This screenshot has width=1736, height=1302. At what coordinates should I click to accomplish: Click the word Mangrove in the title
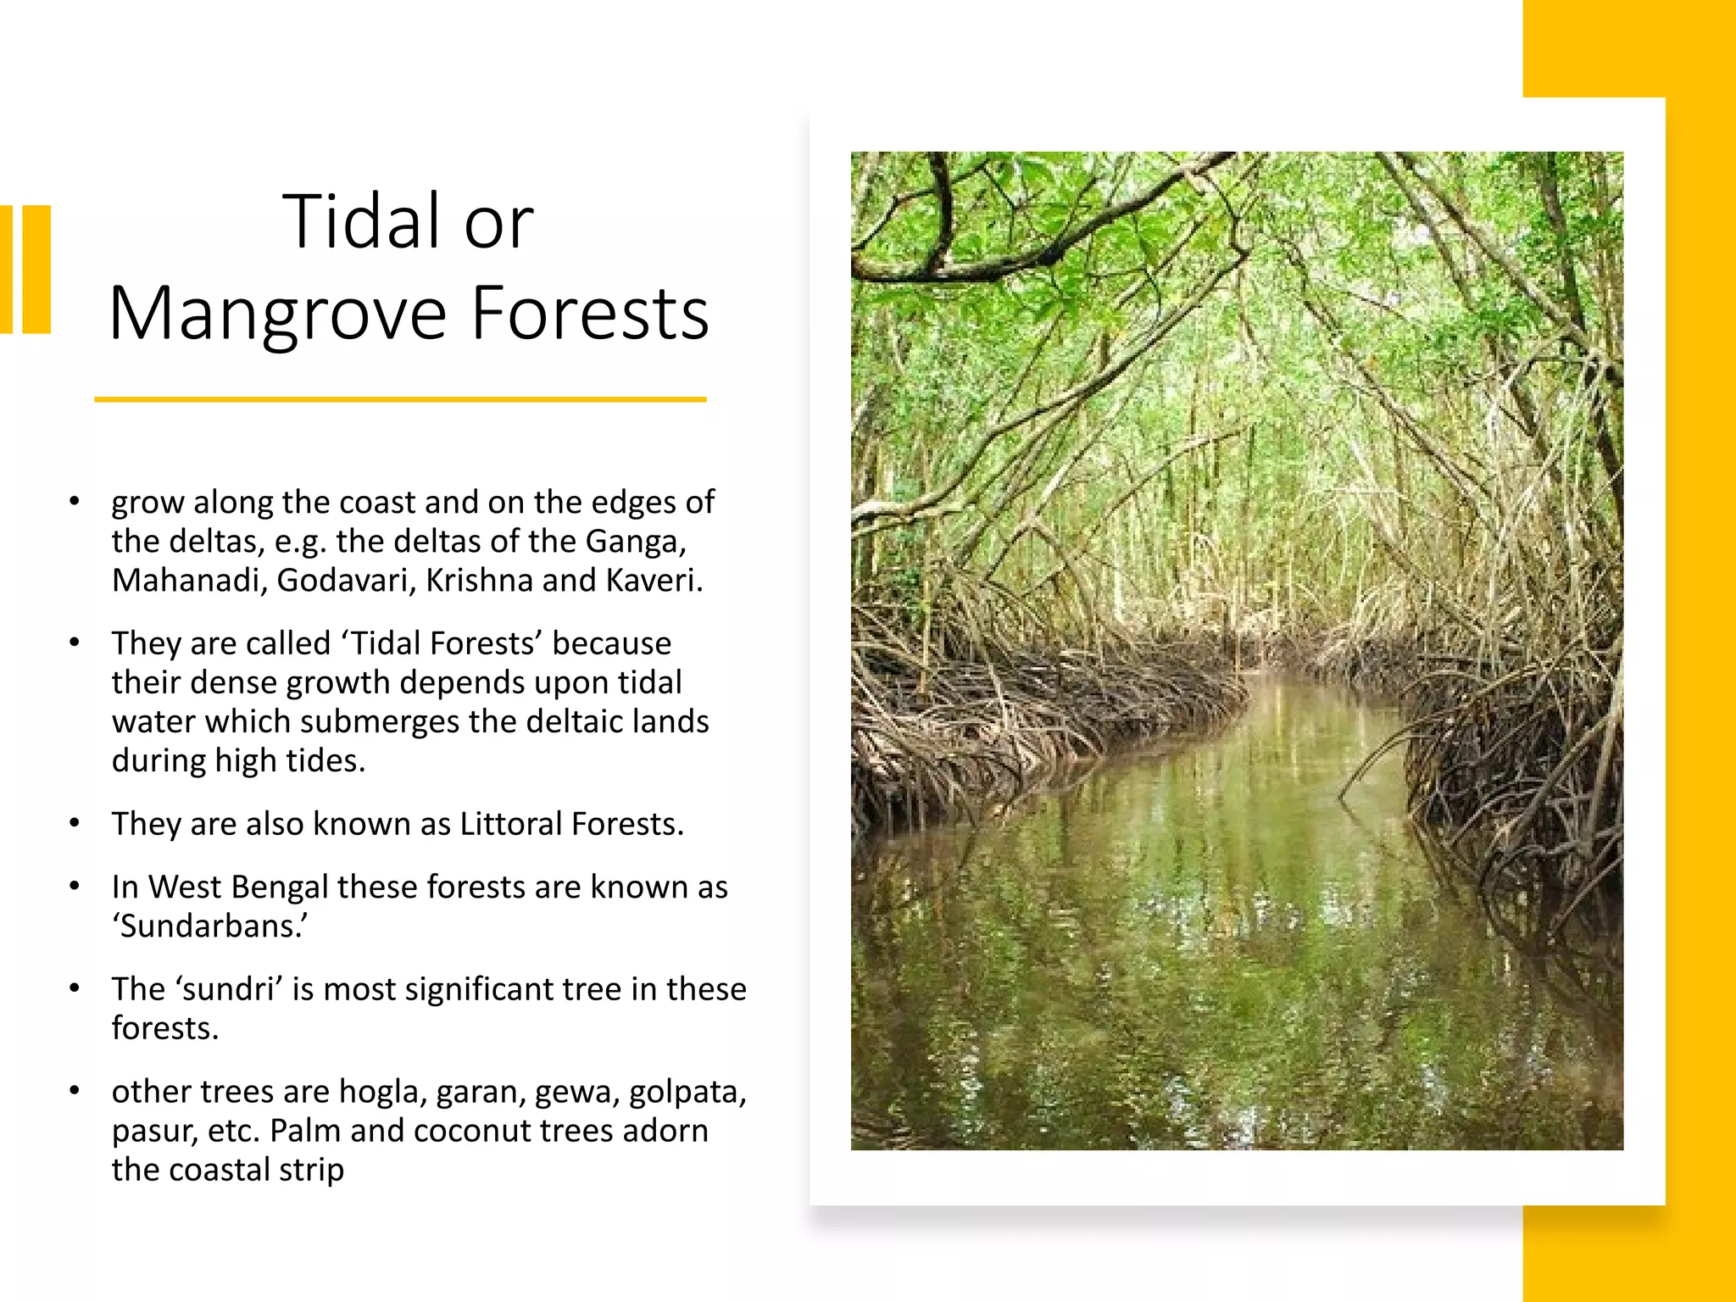point(278,314)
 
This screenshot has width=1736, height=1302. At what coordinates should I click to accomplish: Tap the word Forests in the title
point(590,313)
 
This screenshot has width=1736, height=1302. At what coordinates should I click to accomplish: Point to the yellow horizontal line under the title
point(400,399)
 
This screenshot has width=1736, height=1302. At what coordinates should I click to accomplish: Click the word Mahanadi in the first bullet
point(188,581)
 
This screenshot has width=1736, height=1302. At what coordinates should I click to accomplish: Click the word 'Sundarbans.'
point(210,926)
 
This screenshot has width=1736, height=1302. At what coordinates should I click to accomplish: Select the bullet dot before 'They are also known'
point(75,823)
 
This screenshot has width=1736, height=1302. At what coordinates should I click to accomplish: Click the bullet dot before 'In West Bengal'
point(75,887)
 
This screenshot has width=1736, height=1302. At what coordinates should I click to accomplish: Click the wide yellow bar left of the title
point(37,270)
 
